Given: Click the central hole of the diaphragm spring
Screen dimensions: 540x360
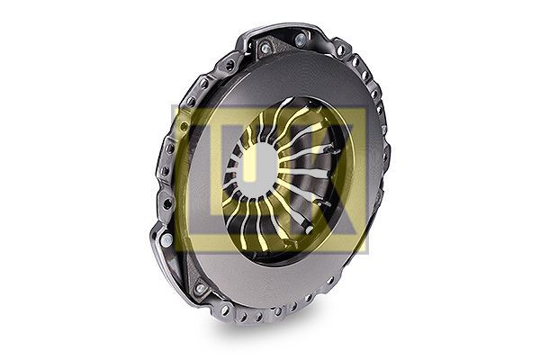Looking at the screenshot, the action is coord(257,169).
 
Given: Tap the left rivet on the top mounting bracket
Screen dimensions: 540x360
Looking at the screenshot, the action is coord(265,49).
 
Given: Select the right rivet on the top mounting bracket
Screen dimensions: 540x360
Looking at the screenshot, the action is coord(301,40).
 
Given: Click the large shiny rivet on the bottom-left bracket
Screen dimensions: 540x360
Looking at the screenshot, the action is coord(166,240).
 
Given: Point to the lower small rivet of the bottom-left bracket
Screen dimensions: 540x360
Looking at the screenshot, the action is coord(200,288).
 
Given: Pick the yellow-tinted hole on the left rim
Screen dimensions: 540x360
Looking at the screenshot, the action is coord(184,126).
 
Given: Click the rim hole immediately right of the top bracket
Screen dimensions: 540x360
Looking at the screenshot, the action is coord(340,51).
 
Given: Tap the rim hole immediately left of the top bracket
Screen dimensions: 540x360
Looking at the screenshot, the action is coord(229,65).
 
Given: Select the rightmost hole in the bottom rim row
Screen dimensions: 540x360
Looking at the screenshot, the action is coord(330,281).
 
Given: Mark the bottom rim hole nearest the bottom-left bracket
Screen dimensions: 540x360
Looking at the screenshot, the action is coord(225,310).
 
